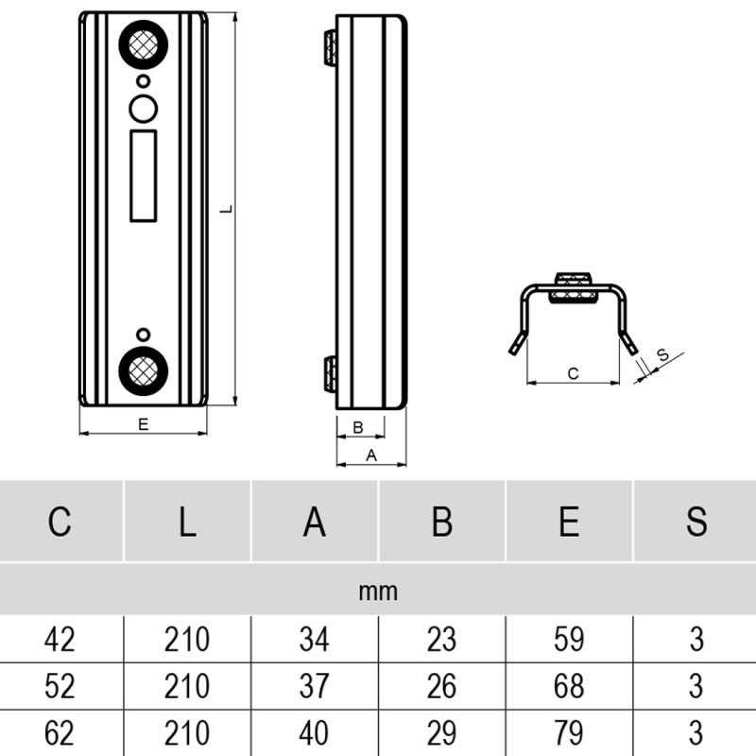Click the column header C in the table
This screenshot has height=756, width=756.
tap(60, 522)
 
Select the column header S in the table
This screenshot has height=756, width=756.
tap(696, 522)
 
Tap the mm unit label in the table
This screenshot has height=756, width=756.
tap(378, 593)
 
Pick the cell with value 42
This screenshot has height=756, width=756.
tap(60, 640)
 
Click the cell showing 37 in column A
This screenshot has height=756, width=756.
tap(314, 687)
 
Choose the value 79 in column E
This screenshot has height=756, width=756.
tap(569, 733)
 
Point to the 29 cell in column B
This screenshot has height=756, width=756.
tap(441, 733)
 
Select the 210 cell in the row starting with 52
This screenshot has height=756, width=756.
tap(187, 687)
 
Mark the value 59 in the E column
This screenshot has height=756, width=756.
tap(569, 640)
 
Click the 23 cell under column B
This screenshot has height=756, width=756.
tap(441, 640)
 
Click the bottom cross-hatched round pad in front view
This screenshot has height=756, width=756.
tap(143, 370)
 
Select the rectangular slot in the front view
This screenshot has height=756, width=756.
tap(143, 176)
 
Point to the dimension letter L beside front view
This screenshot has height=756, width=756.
tap(224, 209)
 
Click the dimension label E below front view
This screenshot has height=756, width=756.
tap(143, 425)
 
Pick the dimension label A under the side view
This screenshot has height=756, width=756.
tap(371, 455)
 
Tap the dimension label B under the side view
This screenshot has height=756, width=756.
tap(357, 428)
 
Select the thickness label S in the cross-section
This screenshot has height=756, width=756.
tap(662, 355)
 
